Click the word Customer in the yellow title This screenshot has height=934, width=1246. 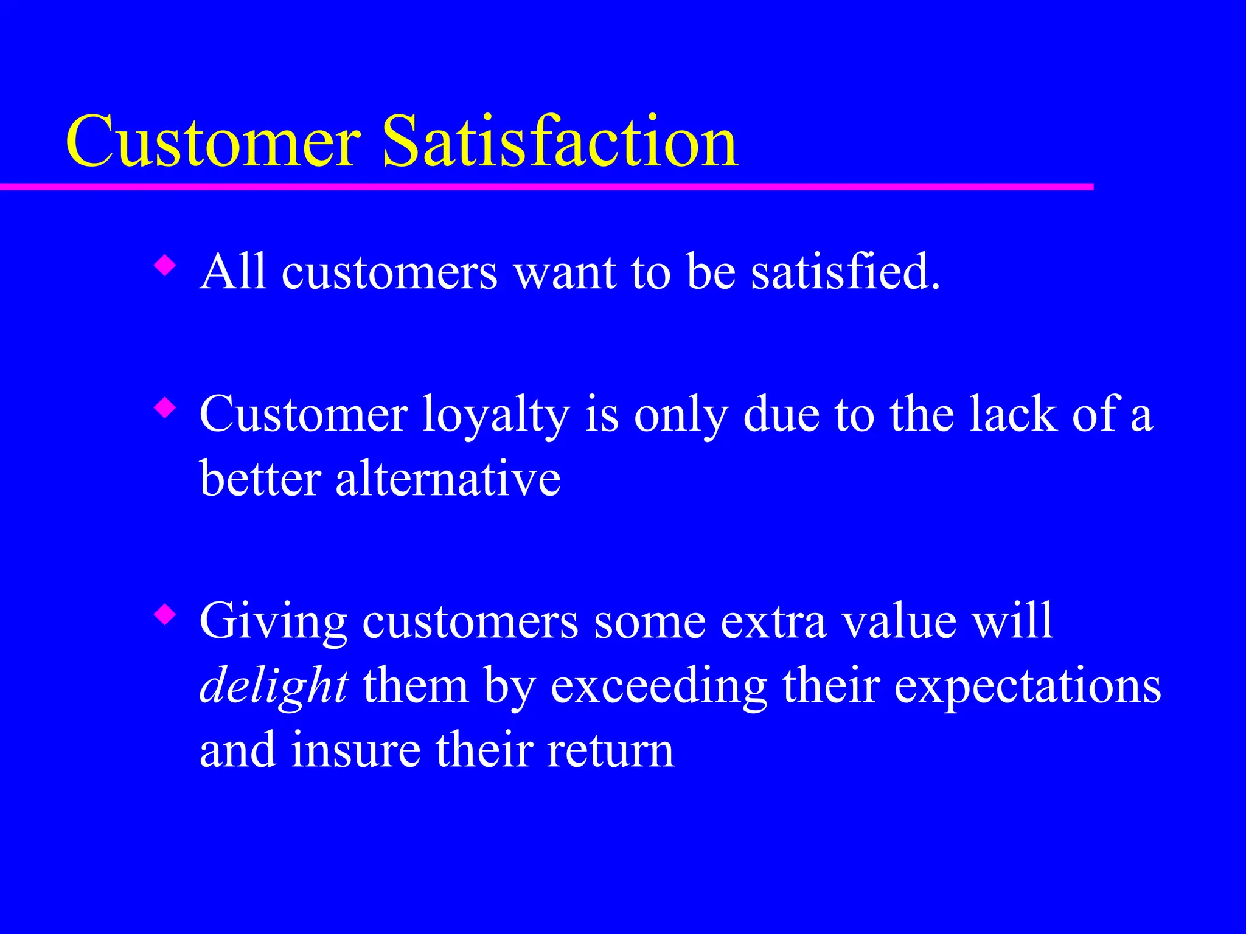point(213,143)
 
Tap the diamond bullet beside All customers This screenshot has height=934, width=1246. point(164,266)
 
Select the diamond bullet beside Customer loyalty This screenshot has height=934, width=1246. point(164,408)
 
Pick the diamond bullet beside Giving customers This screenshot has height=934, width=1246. point(164,615)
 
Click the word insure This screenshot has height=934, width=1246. point(355,750)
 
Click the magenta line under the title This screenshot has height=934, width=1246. point(548,187)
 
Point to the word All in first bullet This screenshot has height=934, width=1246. point(233,272)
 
